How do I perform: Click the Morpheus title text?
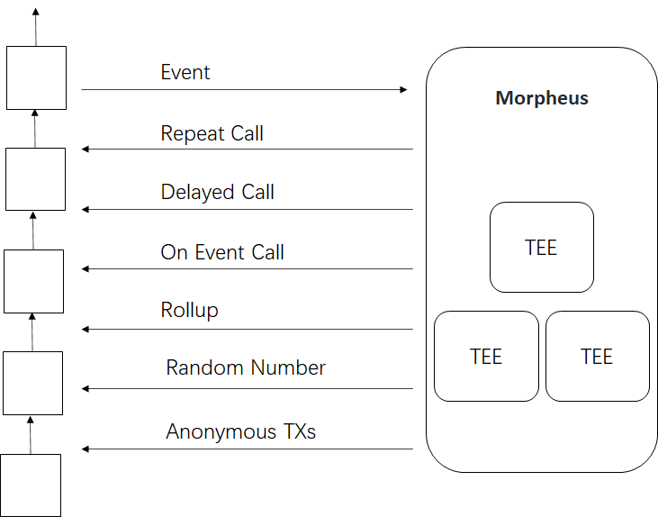(x=542, y=98)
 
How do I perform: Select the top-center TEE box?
(x=541, y=248)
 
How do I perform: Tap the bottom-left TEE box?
(x=486, y=356)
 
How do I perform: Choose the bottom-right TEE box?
(x=597, y=356)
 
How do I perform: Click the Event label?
(x=185, y=72)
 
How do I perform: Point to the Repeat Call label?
(x=212, y=134)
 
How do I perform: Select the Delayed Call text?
(x=217, y=192)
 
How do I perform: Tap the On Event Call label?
(x=222, y=252)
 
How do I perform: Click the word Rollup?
(x=189, y=311)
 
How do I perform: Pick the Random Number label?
(x=246, y=367)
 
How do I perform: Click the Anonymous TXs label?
(x=241, y=431)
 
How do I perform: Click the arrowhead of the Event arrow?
(x=402, y=90)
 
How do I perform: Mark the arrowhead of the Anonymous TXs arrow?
(x=86, y=449)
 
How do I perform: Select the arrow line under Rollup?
(x=248, y=330)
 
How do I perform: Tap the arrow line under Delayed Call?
(x=248, y=210)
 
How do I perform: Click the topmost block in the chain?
(x=36, y=77)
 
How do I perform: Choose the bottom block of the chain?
(x=31, y=485)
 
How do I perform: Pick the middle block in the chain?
(x=33, y=281)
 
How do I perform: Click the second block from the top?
(x=35, y=179)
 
